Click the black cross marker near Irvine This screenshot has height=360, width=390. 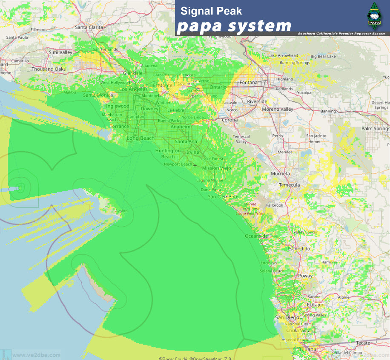coord(195,165)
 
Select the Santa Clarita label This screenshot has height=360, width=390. coord(89,27)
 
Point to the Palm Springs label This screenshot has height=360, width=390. coord(375,129)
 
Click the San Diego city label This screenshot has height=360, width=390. coord(287,317)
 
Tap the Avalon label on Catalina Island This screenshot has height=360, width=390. coord(121,211)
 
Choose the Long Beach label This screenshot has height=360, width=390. coord(141,138)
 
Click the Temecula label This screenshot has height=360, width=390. coord(289,185)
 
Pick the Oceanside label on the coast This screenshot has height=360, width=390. coord(256,236)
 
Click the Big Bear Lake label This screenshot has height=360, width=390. coord(323,56)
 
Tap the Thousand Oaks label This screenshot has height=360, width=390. coord(49,69)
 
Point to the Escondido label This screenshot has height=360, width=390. coord(298,248)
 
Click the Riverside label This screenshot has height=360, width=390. coord(257,102)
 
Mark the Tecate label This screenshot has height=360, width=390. coord(363,343)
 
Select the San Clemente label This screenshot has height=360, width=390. coord(223,197)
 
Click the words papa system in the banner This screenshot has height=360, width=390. coord(234,26)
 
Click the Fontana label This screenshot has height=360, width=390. coord(248,82)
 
